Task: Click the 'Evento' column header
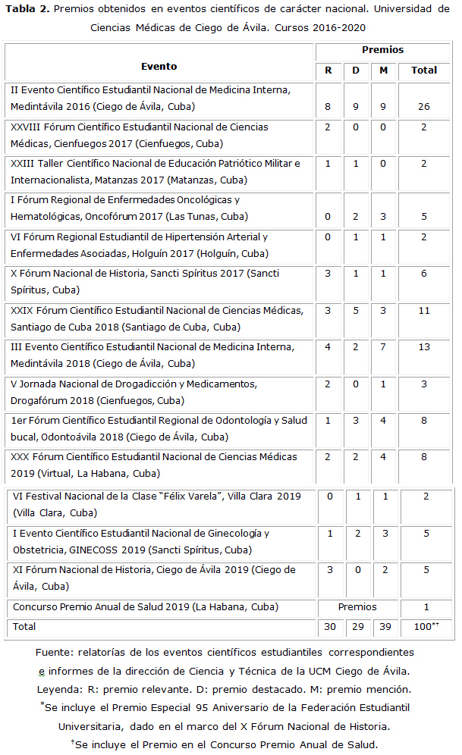coord(159,67)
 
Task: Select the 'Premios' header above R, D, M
coord(382,50)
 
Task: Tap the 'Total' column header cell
coord(424,70)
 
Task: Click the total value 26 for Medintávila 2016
coord(424,107)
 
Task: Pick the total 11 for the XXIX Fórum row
coord(424,310)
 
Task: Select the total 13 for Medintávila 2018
coord(424,347)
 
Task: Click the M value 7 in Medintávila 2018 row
coord(385,347)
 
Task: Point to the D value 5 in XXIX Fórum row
coord(356,310)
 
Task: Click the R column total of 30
coord(330,628)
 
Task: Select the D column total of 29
coord(357,628)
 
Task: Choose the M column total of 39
coord(385,628)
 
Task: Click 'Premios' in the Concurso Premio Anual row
coord(357,607)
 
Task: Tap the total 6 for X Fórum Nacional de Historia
coord(424,273)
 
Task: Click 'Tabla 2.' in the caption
coord(28,9)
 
